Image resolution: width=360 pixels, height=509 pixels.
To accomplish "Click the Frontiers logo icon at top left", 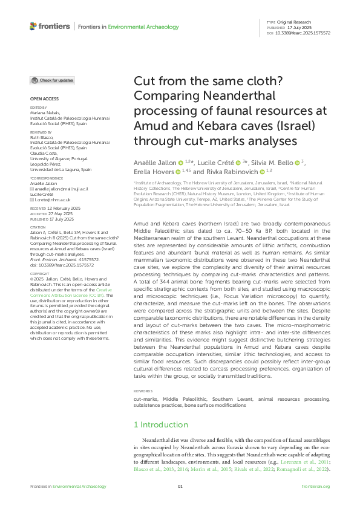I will click(x=33, y=26).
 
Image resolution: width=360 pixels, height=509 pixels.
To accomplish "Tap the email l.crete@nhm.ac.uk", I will click(x=50, y=199).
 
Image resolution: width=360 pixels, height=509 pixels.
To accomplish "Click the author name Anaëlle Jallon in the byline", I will click(x=155, y=163).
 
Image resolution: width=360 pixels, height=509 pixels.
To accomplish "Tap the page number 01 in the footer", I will click(x=180, y=486).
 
